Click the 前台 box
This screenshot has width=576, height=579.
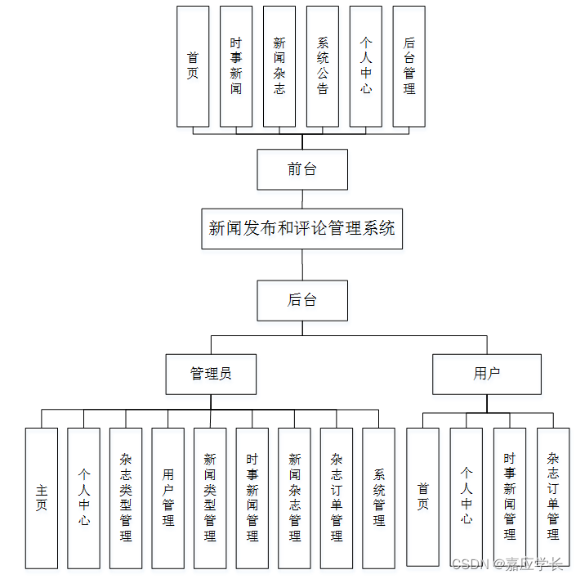coord(302,169)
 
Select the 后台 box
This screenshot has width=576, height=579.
coord(302,300)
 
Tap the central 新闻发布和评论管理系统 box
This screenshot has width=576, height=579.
coord(301,228)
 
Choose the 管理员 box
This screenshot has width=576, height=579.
coord(211,374)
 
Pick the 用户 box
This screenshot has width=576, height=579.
coord(487,374)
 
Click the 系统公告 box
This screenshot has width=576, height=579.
coord(323,66)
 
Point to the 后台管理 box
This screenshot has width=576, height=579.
coord(409,66)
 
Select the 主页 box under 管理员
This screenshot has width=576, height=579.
coord(42,498)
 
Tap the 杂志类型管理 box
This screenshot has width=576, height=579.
coord(126,498)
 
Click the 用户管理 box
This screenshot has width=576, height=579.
coord(167,498)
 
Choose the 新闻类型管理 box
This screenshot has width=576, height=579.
coord(210,498)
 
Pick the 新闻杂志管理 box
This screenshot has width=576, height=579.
coord(294,498)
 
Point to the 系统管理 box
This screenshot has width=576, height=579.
coord(378,498)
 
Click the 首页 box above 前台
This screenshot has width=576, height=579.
coord(193,66)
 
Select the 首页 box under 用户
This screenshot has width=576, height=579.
coord(423,497)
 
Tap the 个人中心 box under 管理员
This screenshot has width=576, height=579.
coord(84,498)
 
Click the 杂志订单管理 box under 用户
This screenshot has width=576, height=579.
coord(553,497)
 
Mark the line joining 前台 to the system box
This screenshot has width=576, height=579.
coord(302,200)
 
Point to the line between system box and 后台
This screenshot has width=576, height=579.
coord(302,264)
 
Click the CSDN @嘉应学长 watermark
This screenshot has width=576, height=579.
coord(507,564)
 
